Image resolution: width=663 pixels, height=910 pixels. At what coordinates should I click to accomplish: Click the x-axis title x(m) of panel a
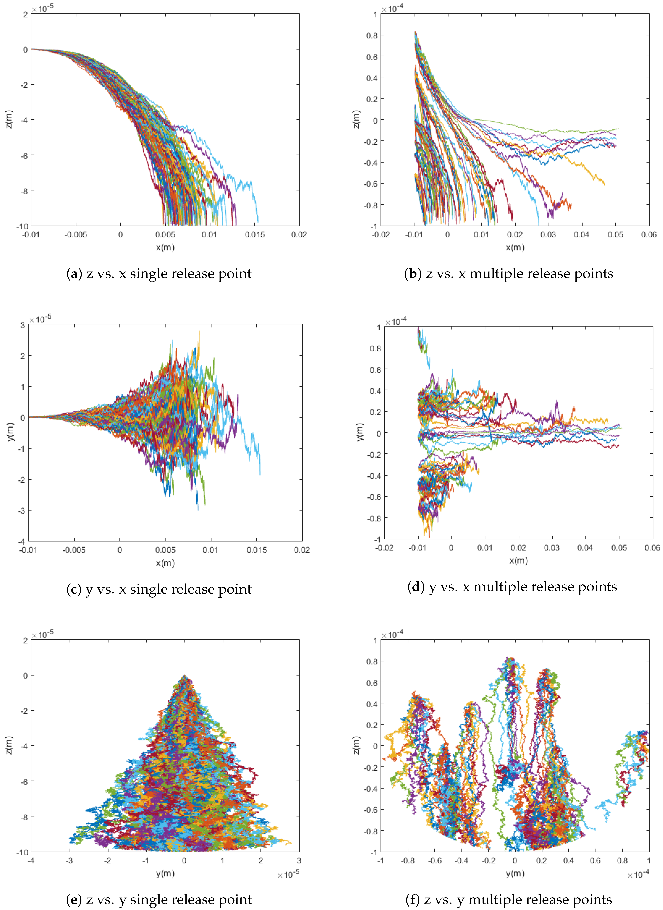point(165,247)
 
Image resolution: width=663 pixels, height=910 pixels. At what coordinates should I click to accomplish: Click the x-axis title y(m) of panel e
point(165,873)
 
